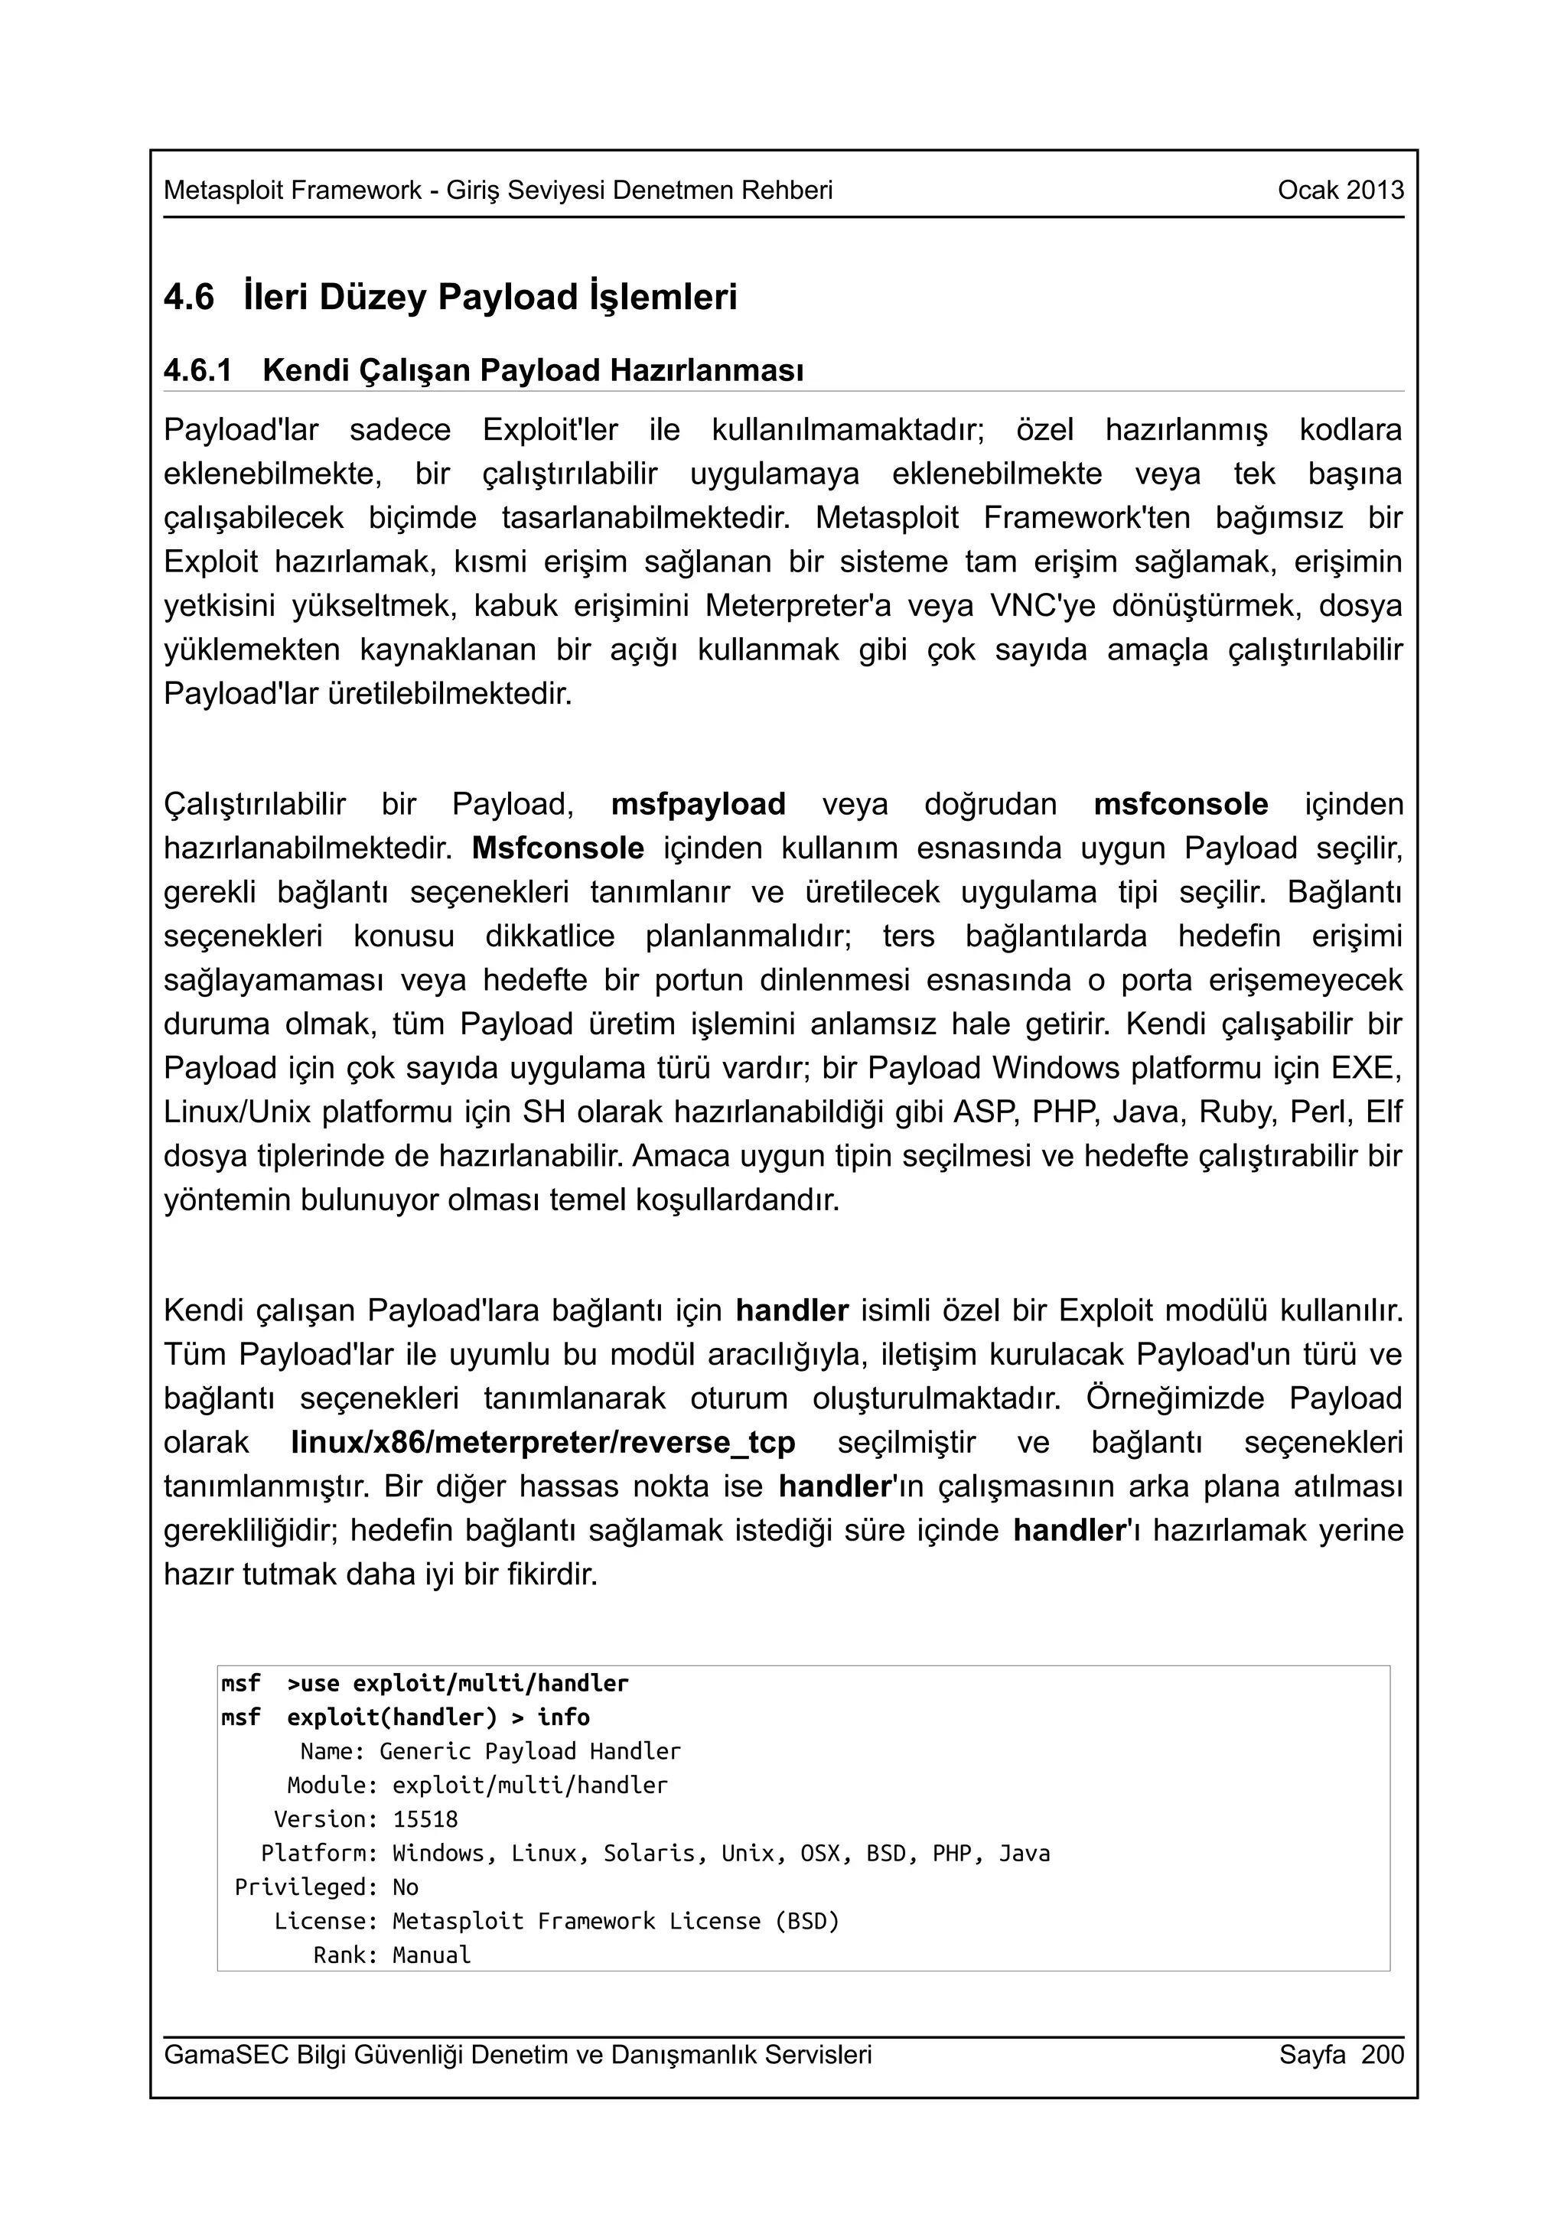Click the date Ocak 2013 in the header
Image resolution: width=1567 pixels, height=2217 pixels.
(x=1340, y=190)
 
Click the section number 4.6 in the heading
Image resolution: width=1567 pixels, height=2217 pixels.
(x=188, y=296)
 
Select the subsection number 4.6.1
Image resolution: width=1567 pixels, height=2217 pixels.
(x=198, y=371)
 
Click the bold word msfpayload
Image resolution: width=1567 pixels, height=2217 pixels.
(x=698, y=804)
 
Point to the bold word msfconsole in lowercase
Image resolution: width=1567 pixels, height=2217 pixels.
(x=1180, y=804)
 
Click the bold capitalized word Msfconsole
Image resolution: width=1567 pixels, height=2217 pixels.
(x=557, y=848)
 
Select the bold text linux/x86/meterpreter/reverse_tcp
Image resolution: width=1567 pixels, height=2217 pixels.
(x=542, y=1443)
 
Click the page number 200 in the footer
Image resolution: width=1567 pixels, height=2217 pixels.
(x=1383, y=2055)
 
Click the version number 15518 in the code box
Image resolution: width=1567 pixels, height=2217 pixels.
(x=425, y=1820)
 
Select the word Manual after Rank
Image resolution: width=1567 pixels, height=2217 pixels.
(x=432, y=1955)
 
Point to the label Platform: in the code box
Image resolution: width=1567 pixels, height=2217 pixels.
(x=318, y=1854)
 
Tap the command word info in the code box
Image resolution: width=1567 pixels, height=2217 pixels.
(x=563, y=1717)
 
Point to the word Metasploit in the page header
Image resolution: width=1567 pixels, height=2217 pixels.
(x=224, y=190)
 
